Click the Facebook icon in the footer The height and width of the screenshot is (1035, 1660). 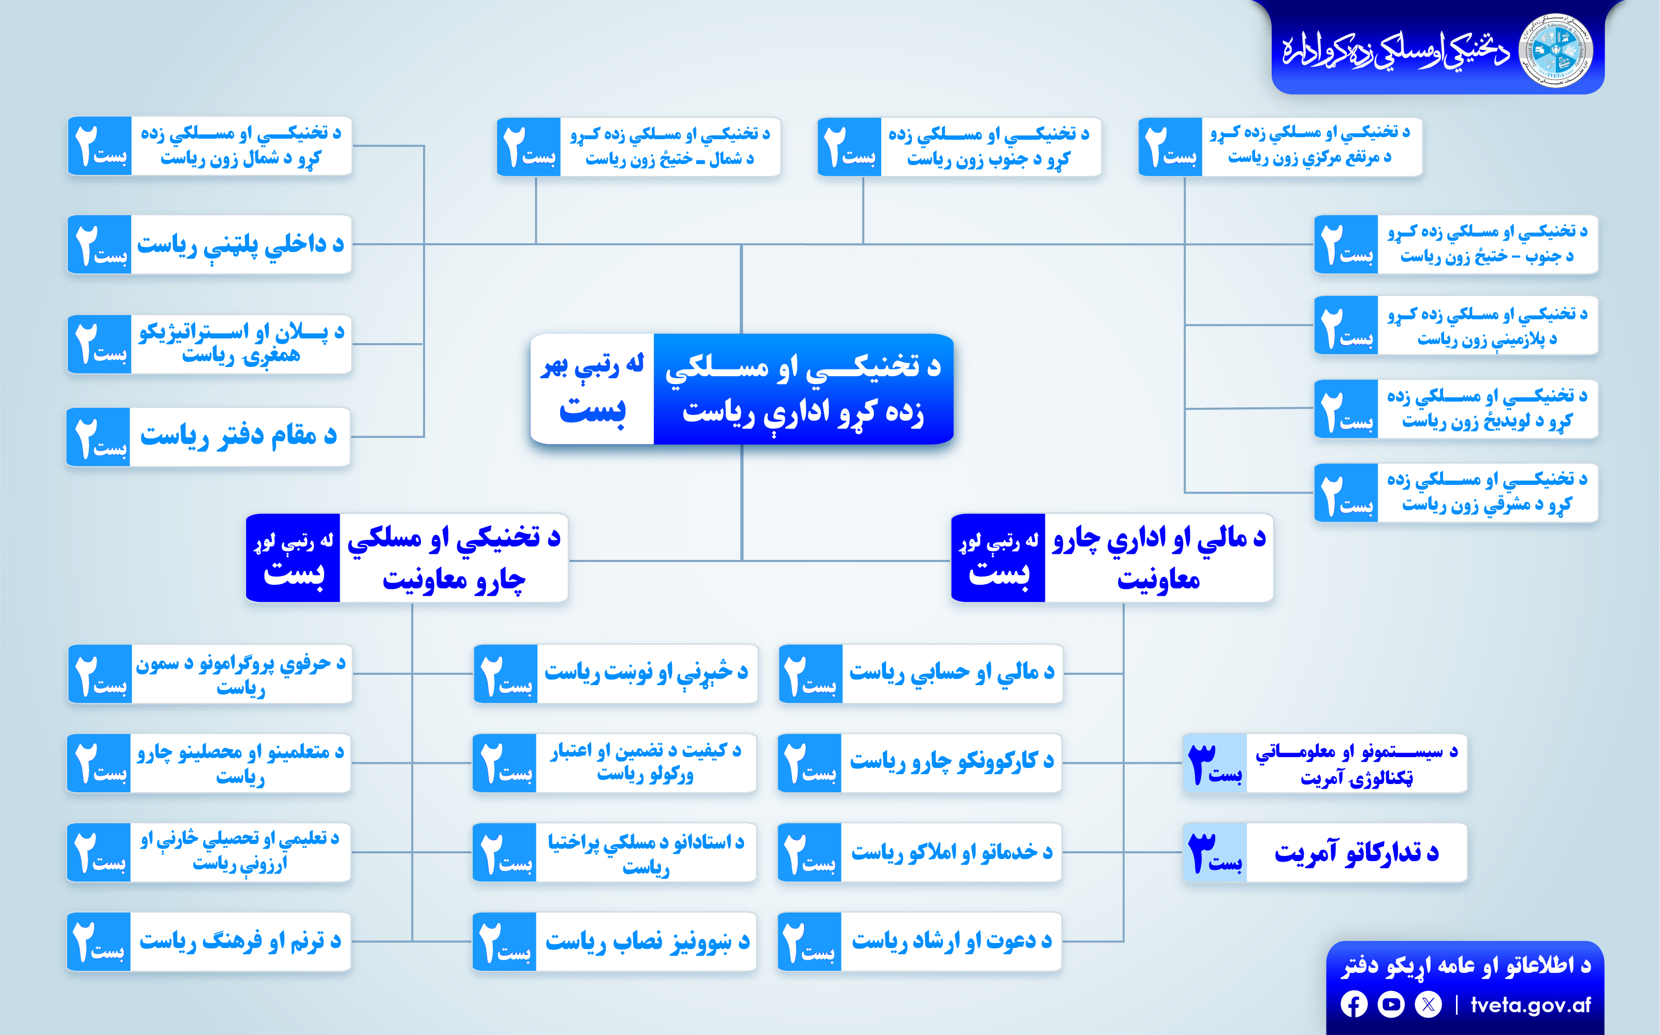click(1354, 1004)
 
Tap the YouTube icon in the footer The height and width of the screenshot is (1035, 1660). click(1391, 1004)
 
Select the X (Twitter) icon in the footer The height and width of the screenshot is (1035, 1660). click(1428, 1004)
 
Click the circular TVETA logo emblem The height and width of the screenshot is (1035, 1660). click(1556, 51)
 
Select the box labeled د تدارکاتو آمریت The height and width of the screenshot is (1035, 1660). click(1325, 852)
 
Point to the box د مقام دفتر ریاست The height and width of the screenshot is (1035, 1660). click(208, 437)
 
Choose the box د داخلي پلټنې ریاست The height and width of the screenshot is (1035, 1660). click(210, 244)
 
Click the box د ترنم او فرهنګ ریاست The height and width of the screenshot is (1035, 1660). click(208, 941)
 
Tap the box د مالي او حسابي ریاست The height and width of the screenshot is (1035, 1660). click(921, 674)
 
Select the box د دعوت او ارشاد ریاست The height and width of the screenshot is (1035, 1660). click(920, 941)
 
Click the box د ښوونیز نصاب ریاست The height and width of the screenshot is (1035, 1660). click(614, 941)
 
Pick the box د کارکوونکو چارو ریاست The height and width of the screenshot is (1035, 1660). click(920, 763)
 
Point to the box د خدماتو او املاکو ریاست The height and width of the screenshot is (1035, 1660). click(920, 852)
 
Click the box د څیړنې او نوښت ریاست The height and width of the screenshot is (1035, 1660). click(616, 674)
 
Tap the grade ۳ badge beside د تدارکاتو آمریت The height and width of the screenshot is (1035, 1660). click(1215, 852)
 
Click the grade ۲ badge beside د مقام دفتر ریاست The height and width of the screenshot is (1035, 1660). click(98, 437)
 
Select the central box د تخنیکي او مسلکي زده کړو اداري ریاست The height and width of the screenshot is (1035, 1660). click(741, 389)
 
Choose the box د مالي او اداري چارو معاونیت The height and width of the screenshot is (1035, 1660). click(1112, 558)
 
